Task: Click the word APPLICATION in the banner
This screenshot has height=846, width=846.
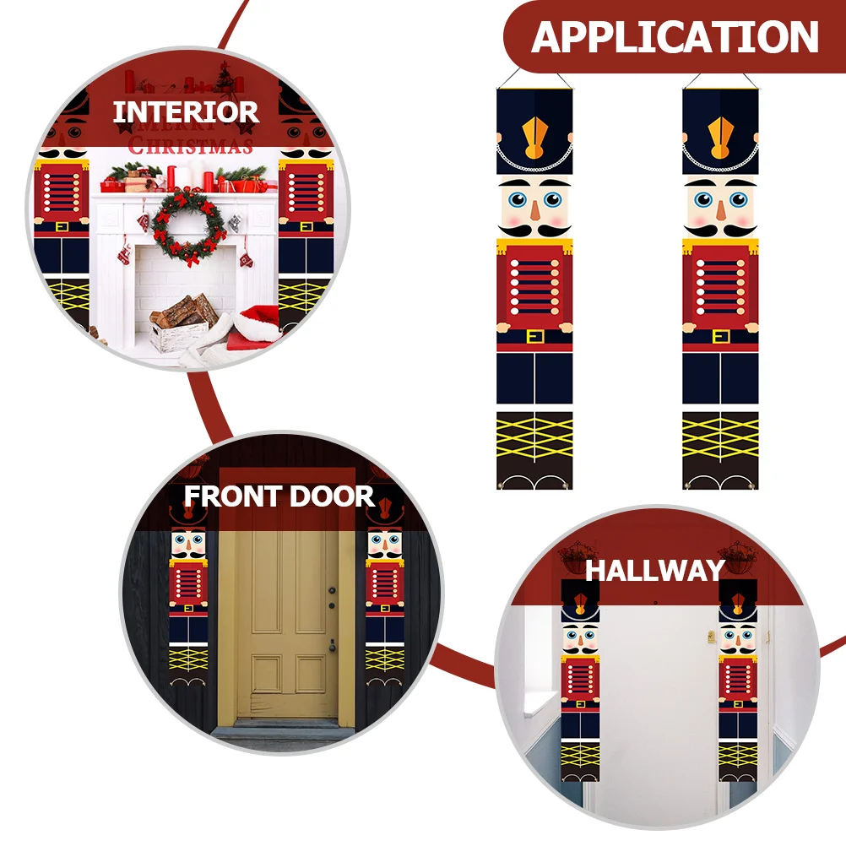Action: click(675, 37)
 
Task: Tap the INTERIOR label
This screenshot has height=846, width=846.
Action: click(186, 111)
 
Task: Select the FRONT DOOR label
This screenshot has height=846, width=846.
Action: click(279, 496)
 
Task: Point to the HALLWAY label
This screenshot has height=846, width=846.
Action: click(655, 570)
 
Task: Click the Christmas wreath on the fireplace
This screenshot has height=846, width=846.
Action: click(189, 224)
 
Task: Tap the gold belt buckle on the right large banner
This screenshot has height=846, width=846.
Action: click(720, 337)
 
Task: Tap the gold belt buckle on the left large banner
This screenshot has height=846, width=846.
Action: click(534, 337)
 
